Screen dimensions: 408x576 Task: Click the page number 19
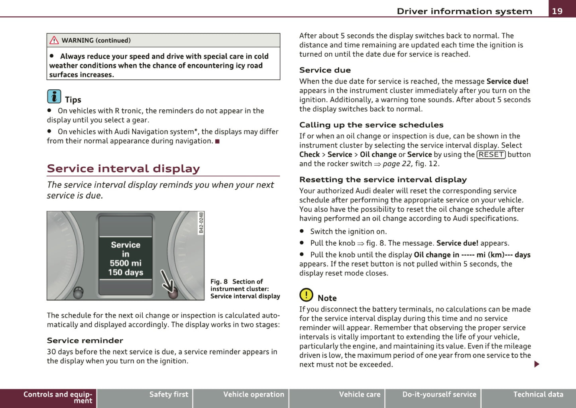[x=557, y=11]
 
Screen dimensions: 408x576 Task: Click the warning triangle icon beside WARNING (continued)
[x=54, y=40]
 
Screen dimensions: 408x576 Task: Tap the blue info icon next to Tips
[x=54, y=97]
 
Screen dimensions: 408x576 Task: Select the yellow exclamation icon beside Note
[x=306, y=295]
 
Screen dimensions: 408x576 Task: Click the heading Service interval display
[x=123, y=168]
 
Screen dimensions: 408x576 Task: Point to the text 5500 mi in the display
[x=126, y=263]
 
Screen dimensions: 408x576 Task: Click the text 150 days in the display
[x=126, y=272]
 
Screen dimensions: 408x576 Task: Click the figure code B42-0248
[x=201, y=223]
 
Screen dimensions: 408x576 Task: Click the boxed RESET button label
[x=491, y=155]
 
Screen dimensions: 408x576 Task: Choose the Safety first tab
[x=169, y=394]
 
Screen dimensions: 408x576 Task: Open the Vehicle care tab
[x=360, y=394]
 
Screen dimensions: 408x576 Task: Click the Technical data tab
[x=538, y=394]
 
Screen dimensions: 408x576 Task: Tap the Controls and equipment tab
[x=57, y=397]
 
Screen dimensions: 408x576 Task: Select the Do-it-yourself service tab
[x=439, y=394]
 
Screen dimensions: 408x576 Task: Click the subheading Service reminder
[x=85, y=341]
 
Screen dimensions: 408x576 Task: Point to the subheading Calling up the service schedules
[x=371, y=125]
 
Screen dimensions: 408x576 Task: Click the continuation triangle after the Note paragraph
[x=537, y=364]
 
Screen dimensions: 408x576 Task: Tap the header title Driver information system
[x=464, y=11]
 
